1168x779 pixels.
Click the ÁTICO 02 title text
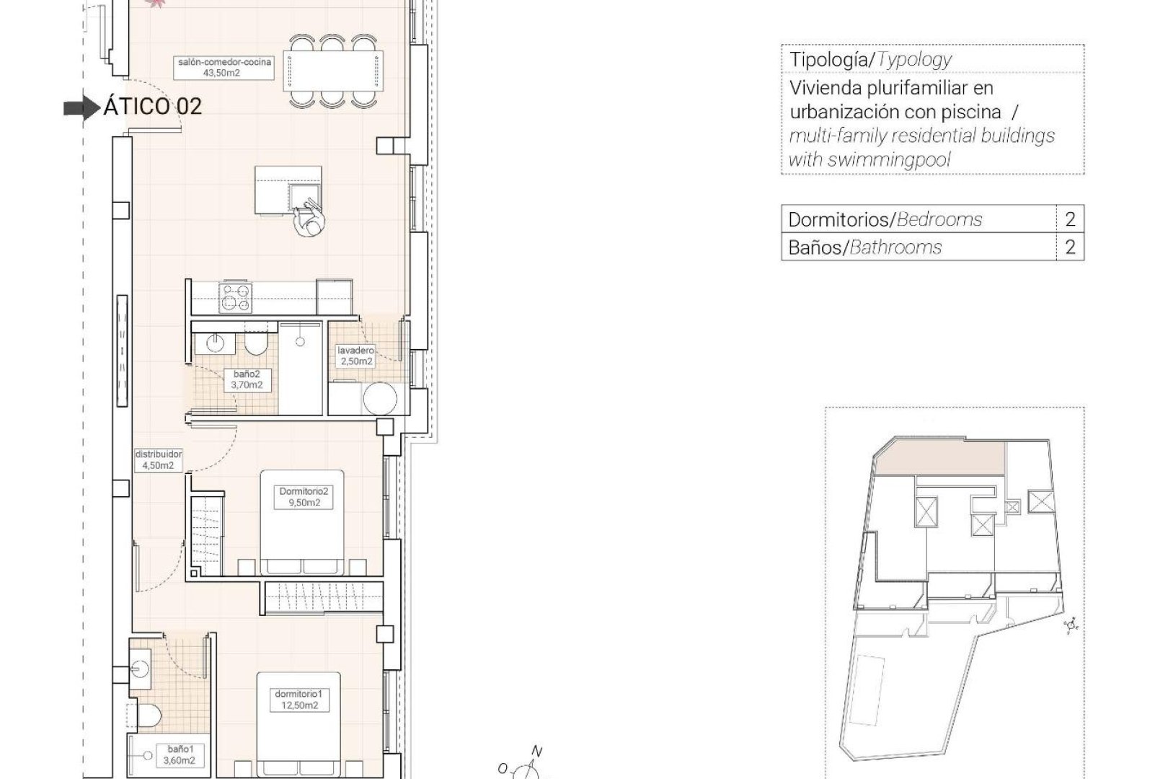pyautogui.click(x=152, y=107)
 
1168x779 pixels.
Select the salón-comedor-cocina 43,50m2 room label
pyautogui.click(x=225, y=67)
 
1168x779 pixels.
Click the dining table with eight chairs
pyautogui.click(x=333, y=71)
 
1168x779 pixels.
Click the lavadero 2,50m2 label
pyautogui.click(x=356, y=356)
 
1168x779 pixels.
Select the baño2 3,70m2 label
pyautogui.click(x=247, y=379)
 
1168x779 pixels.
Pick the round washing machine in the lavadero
pyautogui.click(x=380, y=399)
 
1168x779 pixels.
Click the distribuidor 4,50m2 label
pyautogui.click(x=158, y=460)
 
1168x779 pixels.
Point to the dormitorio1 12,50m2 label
pyautogui.click(x=301, y=700)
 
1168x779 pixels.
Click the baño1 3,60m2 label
pyautogui.click(x=177, y=754)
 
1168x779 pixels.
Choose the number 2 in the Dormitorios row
pyautogui.click(x=1070, y=219)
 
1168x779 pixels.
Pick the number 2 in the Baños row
pyautogui.click(x=1070, y=247)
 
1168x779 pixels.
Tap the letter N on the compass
pyautogui.click(x=536, y=751)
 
